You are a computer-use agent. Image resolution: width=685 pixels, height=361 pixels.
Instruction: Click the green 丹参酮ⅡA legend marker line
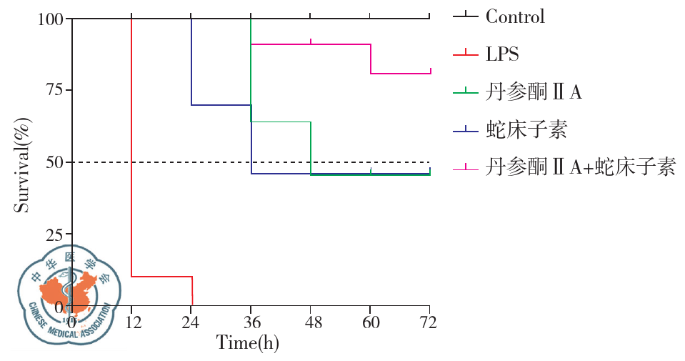click(x=466, y=92)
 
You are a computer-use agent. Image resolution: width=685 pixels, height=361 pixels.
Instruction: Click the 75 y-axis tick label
click(x=54, y=90)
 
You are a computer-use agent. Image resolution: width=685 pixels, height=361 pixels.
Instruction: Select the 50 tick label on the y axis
click(x=54, y=162)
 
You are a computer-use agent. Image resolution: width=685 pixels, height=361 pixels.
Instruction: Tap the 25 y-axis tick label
click(x=54, y=234)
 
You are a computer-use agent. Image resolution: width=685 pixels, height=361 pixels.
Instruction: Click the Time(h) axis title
click(x=248, y=342)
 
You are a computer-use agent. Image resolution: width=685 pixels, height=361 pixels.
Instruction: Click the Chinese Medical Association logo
click(x=66, y=293)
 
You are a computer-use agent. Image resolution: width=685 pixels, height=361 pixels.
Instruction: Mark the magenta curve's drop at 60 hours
click(x=371, y=59)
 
